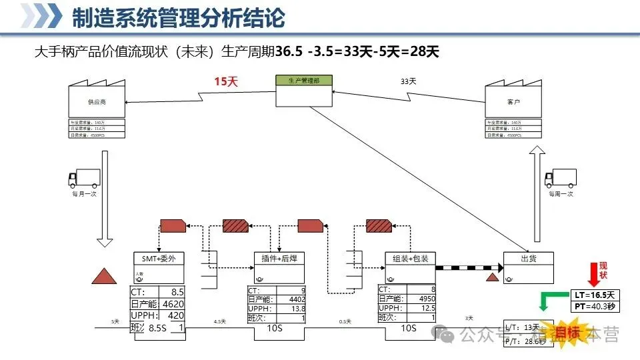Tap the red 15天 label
(x=225, y=81)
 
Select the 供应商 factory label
(x=97, y=103)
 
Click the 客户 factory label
(x=513, y=103)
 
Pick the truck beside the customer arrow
(x=560, y=178)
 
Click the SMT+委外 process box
(x=159, y=258)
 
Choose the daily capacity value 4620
(x=173, y=304)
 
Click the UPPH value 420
(x=175, y=315)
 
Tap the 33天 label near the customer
(x=408, y=81)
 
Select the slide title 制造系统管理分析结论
(x=178, y=18)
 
